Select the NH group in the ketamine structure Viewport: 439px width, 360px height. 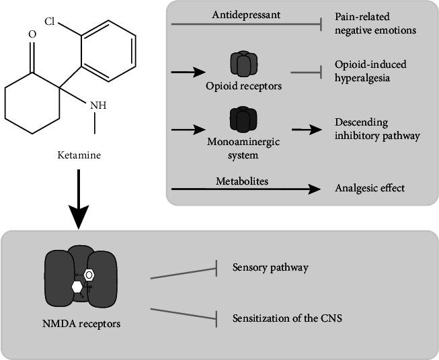pyautogui.click(x=97, y=105)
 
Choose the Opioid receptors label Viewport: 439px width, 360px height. pyautogui.click(x=244, y=87)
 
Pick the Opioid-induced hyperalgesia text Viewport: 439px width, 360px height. pyautogui.click(x=367, y=72)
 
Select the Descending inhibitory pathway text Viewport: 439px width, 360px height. pyautogui.click(x=376, y=130)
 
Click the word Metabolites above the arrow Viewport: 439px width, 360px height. pyautogui.click(x=237, y=181)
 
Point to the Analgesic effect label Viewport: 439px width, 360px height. pyautogui.click(x=370, y=188)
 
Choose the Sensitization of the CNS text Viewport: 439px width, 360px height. pyautogui.click(x=286, y=317)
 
